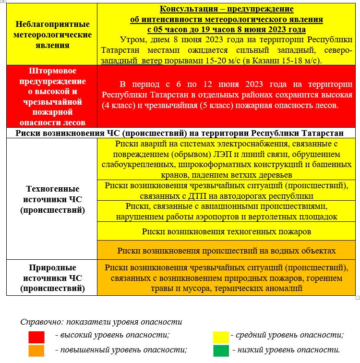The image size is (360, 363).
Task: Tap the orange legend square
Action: coord(36,351)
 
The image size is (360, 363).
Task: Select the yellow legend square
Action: coord(222,336)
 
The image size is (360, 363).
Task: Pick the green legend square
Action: coord(222,351)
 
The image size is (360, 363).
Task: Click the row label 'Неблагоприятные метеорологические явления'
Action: coord(52,35)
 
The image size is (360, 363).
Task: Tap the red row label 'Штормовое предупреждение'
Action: coord(52,96)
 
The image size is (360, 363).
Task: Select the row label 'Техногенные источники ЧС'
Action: coord(52,199)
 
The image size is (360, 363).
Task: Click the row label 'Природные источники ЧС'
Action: coord(52,278)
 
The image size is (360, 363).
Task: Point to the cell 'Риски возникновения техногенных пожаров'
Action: coord(227,231)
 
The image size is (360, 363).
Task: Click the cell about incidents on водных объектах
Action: coord(227,250)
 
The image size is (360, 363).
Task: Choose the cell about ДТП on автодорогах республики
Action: coord(227,191)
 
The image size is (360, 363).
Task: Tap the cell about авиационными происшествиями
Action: coord(227,211)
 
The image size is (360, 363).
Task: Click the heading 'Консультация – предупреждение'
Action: coord(226,9)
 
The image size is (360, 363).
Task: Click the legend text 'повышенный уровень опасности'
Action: coord(121,350)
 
